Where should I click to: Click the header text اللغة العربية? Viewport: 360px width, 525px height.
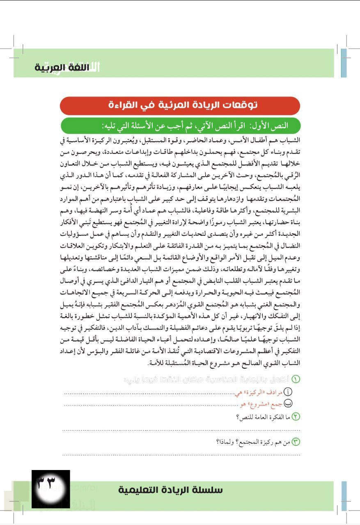coord(60,68)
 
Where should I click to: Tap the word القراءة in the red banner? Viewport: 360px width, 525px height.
coord(124,105)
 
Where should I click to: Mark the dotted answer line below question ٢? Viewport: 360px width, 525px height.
coord(181,430)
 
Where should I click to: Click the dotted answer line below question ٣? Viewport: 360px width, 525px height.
coord(181,454)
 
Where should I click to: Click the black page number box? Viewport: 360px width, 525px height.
coord(51,488)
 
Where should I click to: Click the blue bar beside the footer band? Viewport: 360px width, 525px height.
coord(344,491)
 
